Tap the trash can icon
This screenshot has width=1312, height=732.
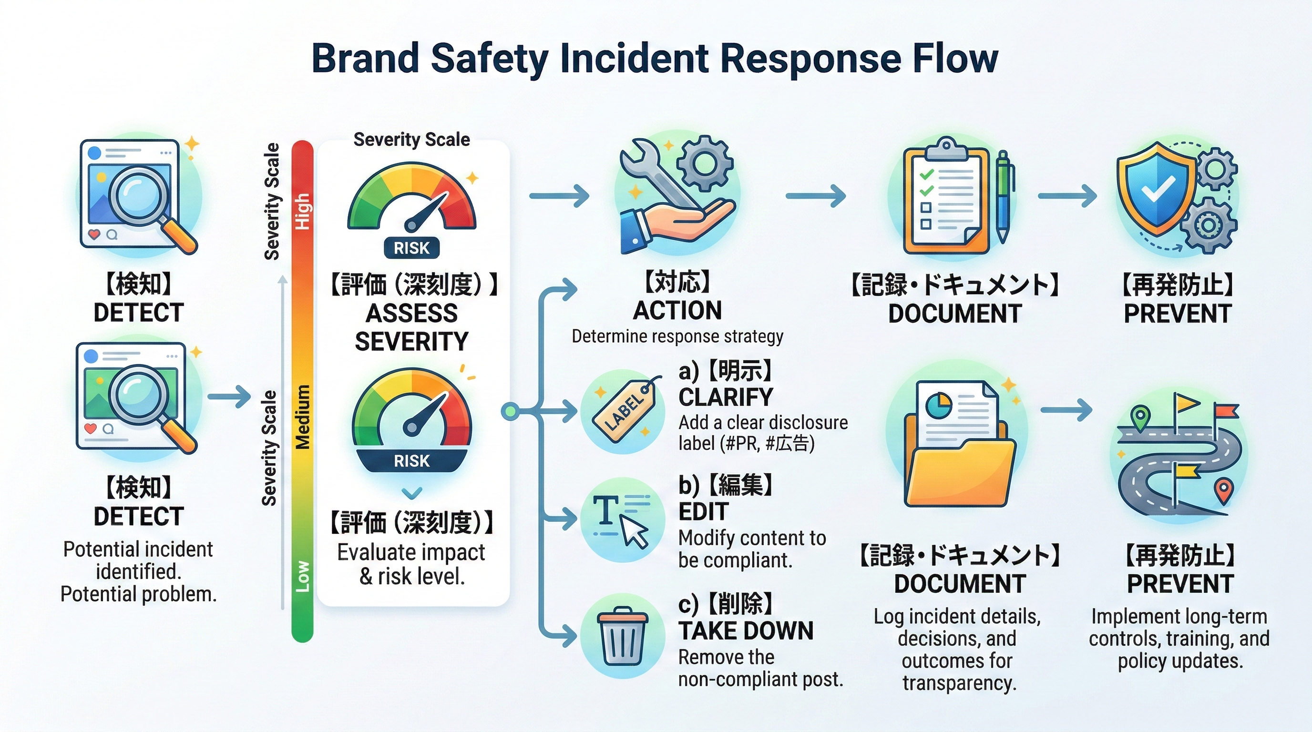pyautogui.click(x=622, y=636)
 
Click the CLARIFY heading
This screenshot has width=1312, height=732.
pyautogui.click(x=725, y=397)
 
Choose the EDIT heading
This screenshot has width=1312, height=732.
pyautogui.click(x=703, y=511)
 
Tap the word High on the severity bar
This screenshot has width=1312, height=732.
pyautogui.click(x=302, y=211)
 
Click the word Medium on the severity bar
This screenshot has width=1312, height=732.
pyautogui.click(x=303, y=417)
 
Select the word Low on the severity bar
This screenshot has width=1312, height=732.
pyautogui.click(x=303, y=576)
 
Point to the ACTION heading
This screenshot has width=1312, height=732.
pyautogui.click(x=677, y=311)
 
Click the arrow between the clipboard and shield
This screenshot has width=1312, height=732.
pyautogui.click(x=1067, y=196)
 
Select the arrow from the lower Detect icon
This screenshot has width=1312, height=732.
pyautogui.click(x=229, y=396)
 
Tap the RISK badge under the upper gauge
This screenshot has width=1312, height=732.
pyautogui.click(x=411, y=248)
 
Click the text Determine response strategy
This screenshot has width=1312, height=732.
pyautogui.click(x=677, y=336)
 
